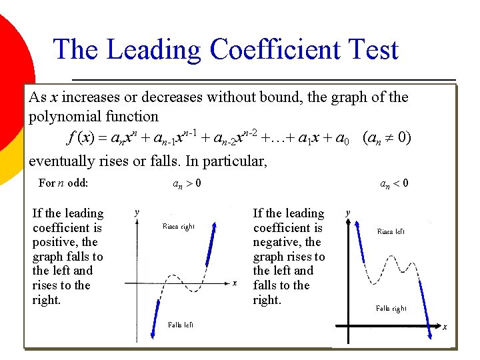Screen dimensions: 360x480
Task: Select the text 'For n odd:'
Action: pyautogui.click(x=63, y=183)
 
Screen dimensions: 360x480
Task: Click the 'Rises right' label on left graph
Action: pyautogui.click(x=179, y=227)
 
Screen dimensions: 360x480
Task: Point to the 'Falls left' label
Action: pyautogui.click(x=181, y=325)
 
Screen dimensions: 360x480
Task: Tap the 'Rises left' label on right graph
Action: pyautogui.click(x=391, y=232)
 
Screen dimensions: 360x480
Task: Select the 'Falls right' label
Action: pyautogui.click(x=391, y=308)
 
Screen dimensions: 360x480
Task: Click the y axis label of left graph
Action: pyautogui.click(x=137, y=212)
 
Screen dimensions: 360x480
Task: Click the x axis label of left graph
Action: pyautogui.click(x=235, y=283)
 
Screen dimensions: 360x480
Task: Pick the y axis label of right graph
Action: pyautogui.click(x=347, y=213)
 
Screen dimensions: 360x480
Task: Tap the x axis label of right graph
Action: pyautogui.click(x=445, y=327)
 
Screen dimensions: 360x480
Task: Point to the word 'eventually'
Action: pyautogui.click(x=60, y=161)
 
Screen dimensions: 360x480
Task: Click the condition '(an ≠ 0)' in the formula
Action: pyautogui.click(x=386, y=139)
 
